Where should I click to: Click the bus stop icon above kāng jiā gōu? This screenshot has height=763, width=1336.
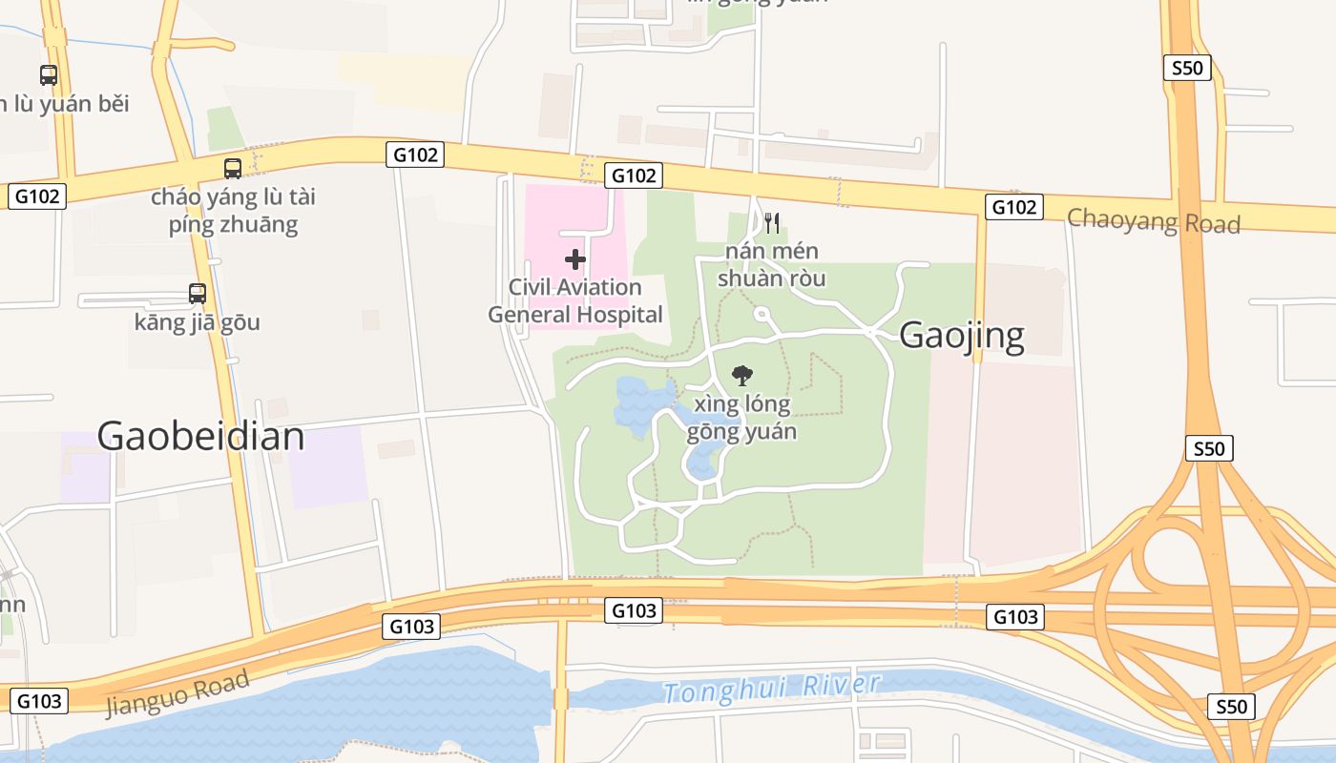tap(198, 293)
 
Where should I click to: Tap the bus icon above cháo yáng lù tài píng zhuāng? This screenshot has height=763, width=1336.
tap(233, 169)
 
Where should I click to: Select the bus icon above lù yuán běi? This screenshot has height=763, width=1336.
tap(49, 74)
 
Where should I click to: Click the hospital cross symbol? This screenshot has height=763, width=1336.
tap(575, 258)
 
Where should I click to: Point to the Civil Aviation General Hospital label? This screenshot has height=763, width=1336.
tap(575, 300)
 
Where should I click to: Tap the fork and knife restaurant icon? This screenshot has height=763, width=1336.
tap(772, 223)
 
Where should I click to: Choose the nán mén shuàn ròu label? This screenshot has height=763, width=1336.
tap(771, 265)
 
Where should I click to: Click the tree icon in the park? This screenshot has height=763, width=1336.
tap(741, 376)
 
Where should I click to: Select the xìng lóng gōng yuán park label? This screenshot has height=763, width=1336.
tap(741, 418)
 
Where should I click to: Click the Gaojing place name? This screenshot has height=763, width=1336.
tap(962, 335)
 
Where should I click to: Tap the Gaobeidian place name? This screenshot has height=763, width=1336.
tap(200, 436)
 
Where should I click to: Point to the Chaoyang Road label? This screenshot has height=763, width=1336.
tap(1153, 220)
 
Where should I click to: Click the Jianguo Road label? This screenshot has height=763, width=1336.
tap(177, 693)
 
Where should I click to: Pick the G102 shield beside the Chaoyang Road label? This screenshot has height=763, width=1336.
tap(1013, 207)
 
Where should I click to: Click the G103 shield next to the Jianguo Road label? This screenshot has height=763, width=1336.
tap(39, 701)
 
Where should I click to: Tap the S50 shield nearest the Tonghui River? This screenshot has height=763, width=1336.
tap(1231, 707)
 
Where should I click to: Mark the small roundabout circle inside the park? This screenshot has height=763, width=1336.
tap(762, 313)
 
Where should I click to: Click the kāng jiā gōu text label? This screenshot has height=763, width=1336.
tap(198, 321)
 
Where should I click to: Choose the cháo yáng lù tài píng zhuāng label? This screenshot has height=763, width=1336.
tap(233, 211)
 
